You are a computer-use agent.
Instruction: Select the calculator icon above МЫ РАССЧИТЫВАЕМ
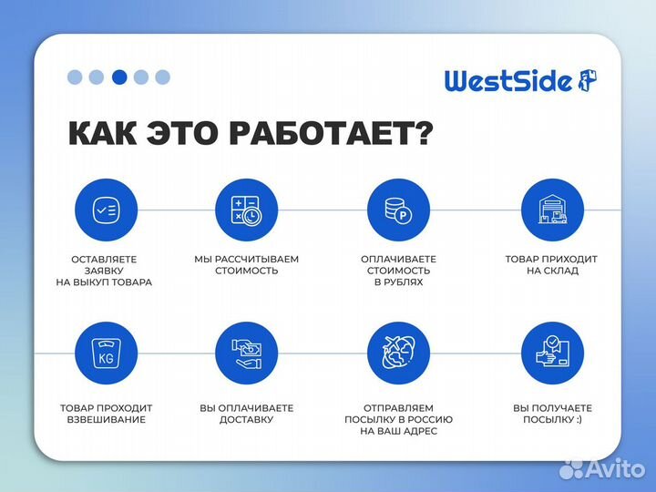click(246, 210)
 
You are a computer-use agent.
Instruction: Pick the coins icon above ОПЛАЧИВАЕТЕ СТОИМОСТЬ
click(398, 210)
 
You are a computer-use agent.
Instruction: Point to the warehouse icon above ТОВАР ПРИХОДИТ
click(551, 210)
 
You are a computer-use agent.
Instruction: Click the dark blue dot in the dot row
click(119, 77)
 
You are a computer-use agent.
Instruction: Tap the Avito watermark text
click(613, 468)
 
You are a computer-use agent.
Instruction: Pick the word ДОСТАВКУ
click(247, 420)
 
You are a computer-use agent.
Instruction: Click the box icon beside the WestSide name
click(588, 80)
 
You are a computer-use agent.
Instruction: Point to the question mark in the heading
click(423, 134)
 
